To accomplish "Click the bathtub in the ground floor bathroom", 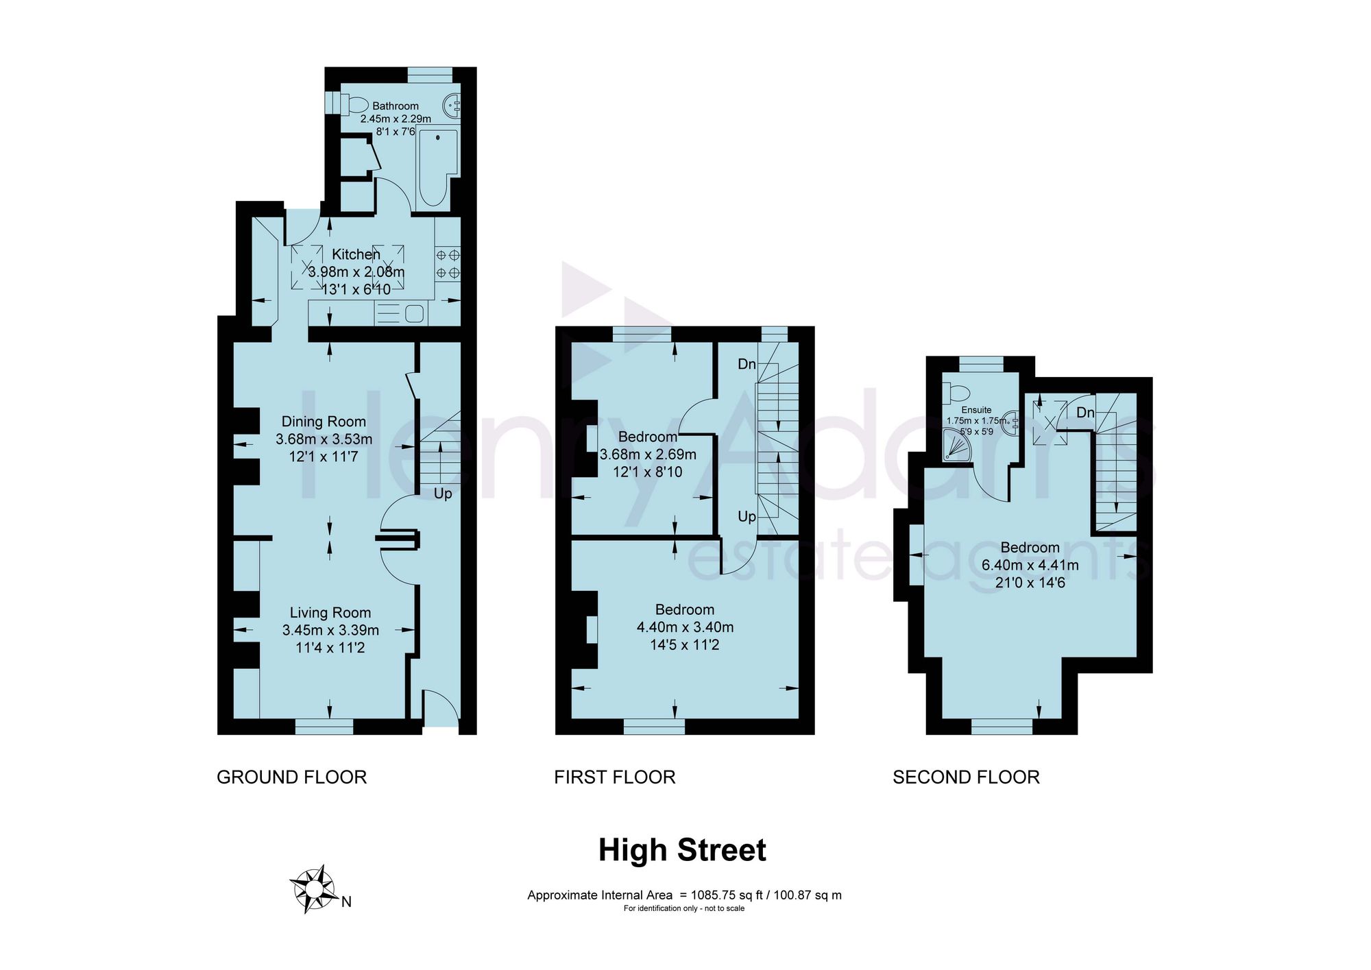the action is pos(437,168).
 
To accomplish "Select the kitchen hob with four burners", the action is pos(448,264).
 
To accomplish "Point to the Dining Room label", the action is pos(324,422).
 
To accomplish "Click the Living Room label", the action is pos(330,613).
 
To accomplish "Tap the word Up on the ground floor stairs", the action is pos(443,494).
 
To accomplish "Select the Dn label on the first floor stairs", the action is pos(747,364).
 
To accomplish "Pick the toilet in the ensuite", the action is pos(956,393).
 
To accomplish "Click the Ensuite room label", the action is pos(976,410).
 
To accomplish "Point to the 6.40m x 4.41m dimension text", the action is pos(1030,566).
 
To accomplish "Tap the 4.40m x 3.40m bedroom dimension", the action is pos(685,627).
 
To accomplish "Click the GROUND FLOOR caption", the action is pos(292,777).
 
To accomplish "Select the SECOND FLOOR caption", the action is pos(966,777).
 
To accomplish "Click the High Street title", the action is pos(682,850).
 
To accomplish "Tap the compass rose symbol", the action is pos(313,890).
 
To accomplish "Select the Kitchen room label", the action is pos(356,254).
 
